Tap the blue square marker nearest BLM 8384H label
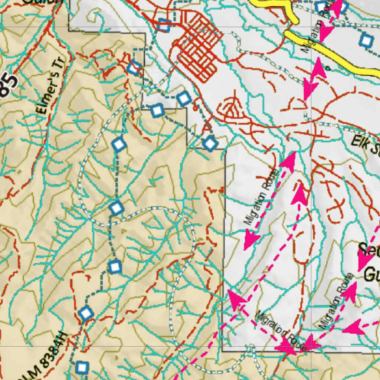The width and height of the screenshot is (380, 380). (x=82, y=367)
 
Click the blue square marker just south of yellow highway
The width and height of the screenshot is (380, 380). (x=366, y=40)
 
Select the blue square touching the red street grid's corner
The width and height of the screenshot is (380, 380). (x=164, y=25)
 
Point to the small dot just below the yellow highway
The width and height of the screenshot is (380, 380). (x=328, y=68)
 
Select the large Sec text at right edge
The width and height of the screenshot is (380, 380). (x=369, y=250)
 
